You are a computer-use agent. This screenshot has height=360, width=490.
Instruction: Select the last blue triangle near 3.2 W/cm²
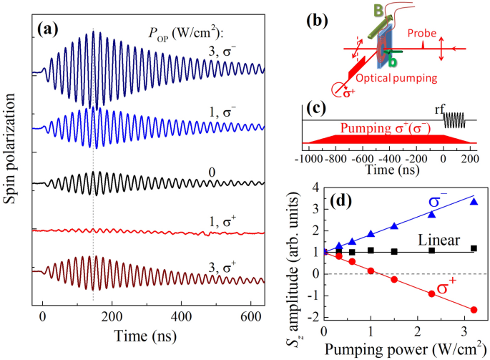474,202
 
